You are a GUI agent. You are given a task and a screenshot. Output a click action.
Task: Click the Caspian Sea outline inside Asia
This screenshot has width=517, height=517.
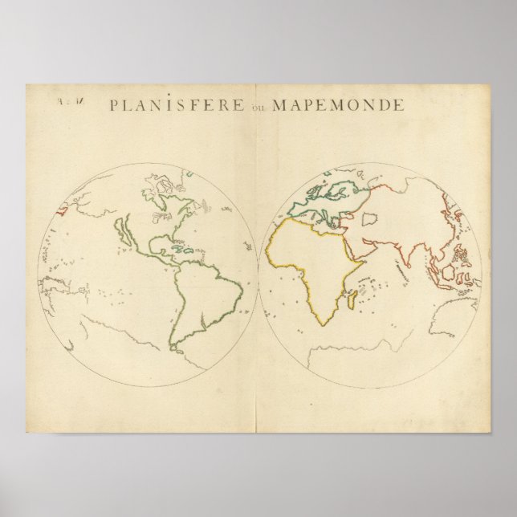click(370, 218)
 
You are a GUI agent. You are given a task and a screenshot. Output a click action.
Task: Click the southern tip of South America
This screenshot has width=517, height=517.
click(175, 347)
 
